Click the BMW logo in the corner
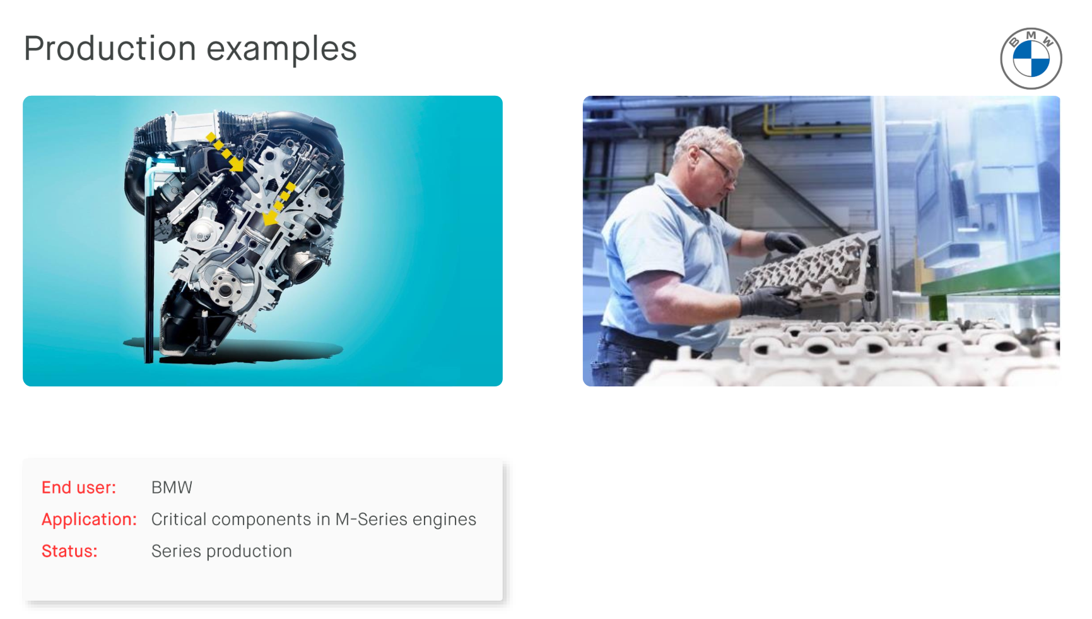point(1031,59)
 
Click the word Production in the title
point(110,49)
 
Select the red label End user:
point(79,487)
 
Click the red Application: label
point(89,519)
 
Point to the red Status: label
point(69,551)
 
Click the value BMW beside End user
point(172,487)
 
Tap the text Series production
point(221,551)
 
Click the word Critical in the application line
point(179,519)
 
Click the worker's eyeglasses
point(719,163)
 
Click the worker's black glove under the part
point(770,302)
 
